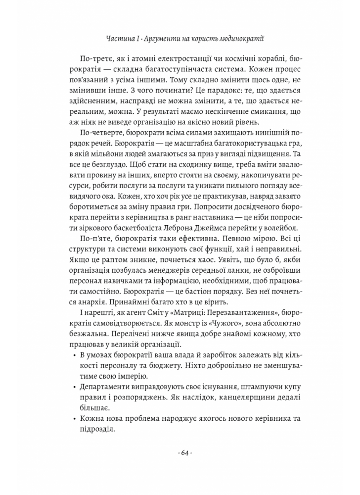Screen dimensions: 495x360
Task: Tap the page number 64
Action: pos(180,453)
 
